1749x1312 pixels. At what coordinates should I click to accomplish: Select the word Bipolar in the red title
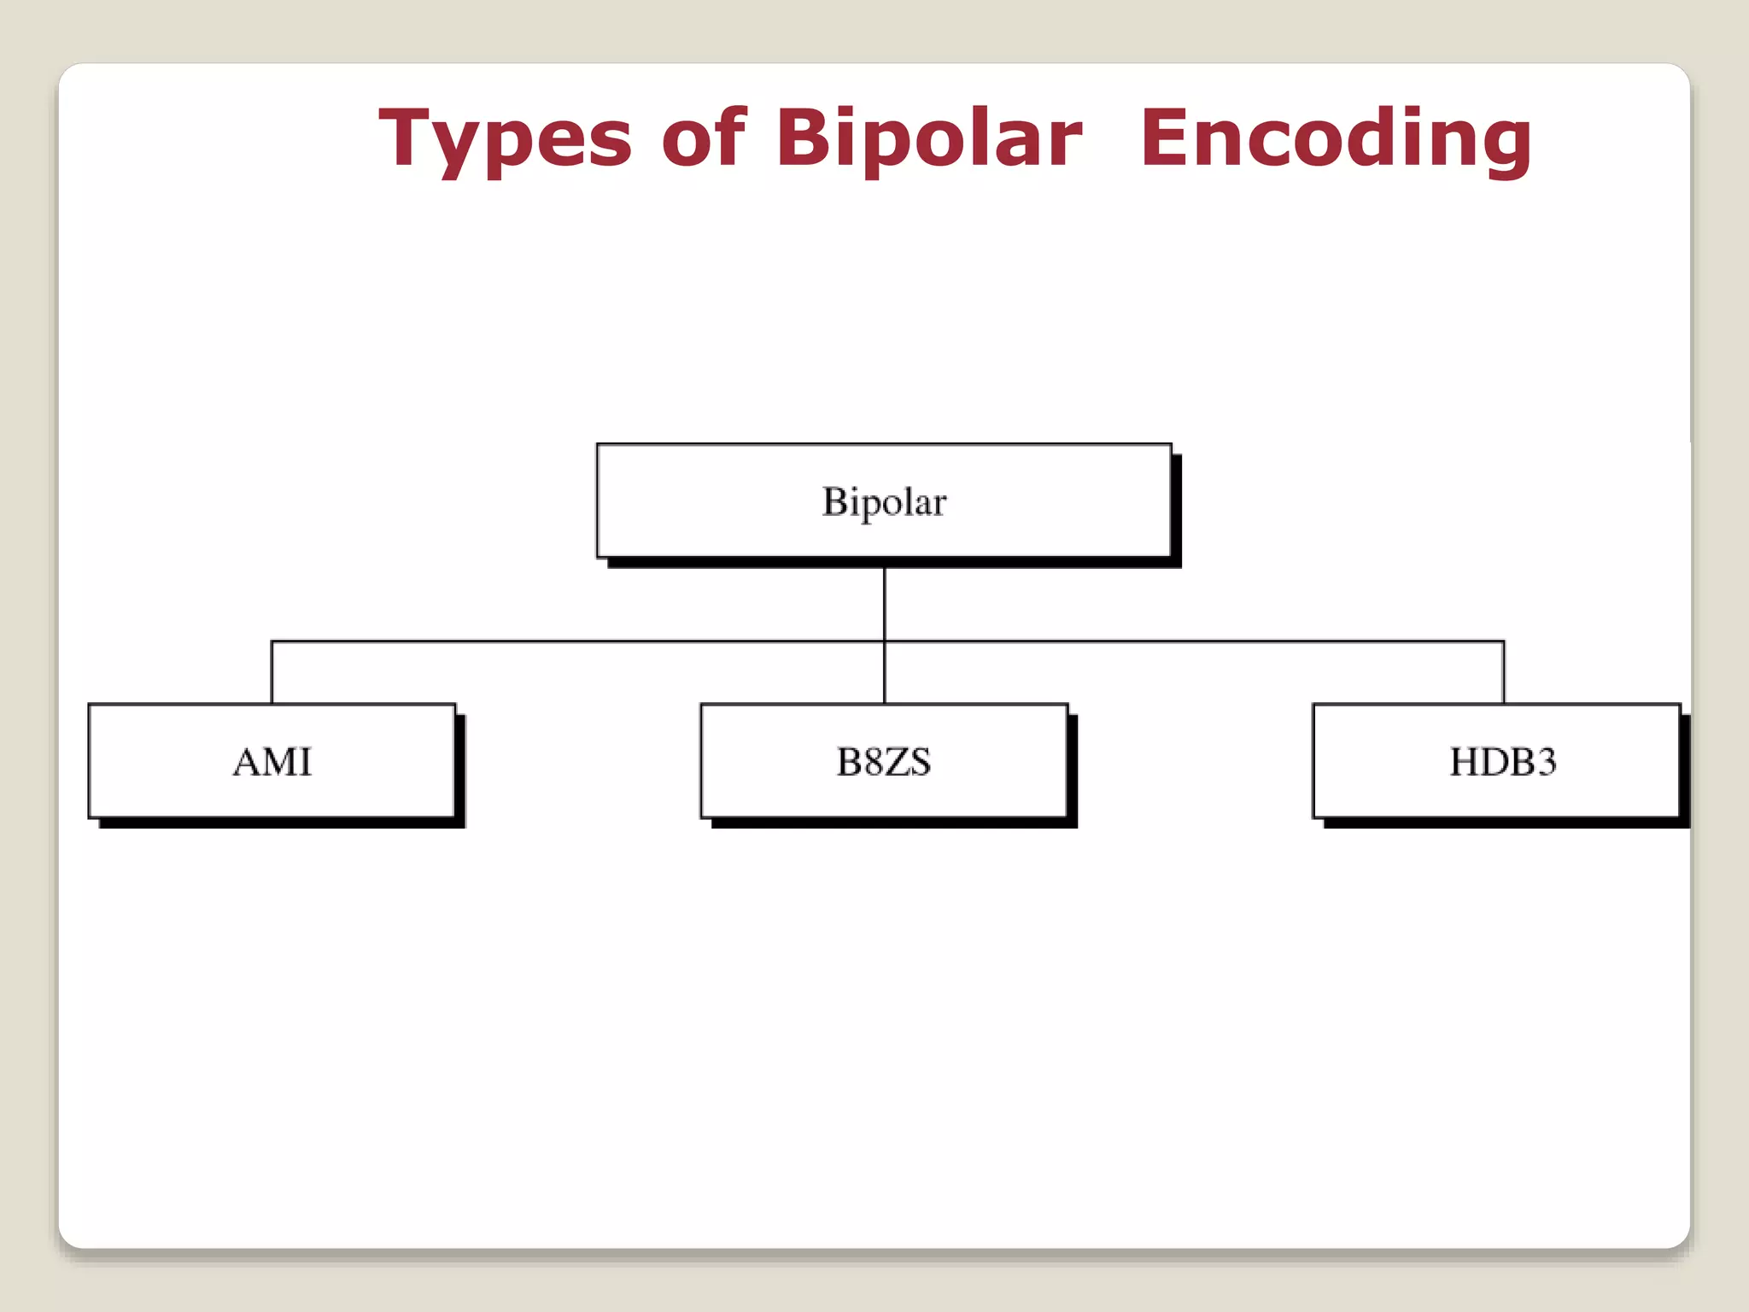tap(929, 138)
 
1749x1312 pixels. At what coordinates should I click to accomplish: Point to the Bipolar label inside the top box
tap(884, 502)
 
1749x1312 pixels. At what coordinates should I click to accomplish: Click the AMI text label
tap(272, 762)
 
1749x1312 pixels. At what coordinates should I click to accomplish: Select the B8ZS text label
tap(884, 762)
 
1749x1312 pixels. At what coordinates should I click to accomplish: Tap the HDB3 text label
tap(1503, 762)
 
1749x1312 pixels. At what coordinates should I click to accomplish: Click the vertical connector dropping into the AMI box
tap(272, 673)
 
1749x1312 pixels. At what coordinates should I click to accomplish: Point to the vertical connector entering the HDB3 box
tap(1504, 673)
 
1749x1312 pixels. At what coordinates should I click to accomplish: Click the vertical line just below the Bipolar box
tap(885, 602)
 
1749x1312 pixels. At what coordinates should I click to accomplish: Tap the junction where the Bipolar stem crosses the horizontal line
tap(885, 641)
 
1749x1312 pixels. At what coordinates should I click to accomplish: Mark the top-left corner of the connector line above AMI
tap(272, 641)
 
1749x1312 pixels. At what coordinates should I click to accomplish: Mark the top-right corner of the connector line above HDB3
tap(1504, 641)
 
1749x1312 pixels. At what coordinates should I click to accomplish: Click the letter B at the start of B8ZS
tap(849, 762)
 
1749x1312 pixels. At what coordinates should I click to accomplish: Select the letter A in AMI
tap(248, 762)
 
